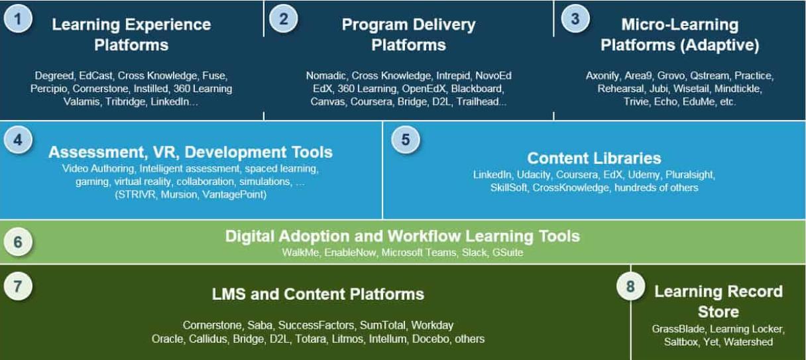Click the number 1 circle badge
point(18,19)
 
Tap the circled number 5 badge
point(406,140)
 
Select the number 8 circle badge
point(630,286)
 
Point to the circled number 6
point(18,242)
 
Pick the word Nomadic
point(325,76)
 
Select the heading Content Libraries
point(594,158)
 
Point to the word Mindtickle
point(737,89)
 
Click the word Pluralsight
point(689,174)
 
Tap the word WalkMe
point(300,253)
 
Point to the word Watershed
point(748,341)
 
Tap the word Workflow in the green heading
point(424,236)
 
